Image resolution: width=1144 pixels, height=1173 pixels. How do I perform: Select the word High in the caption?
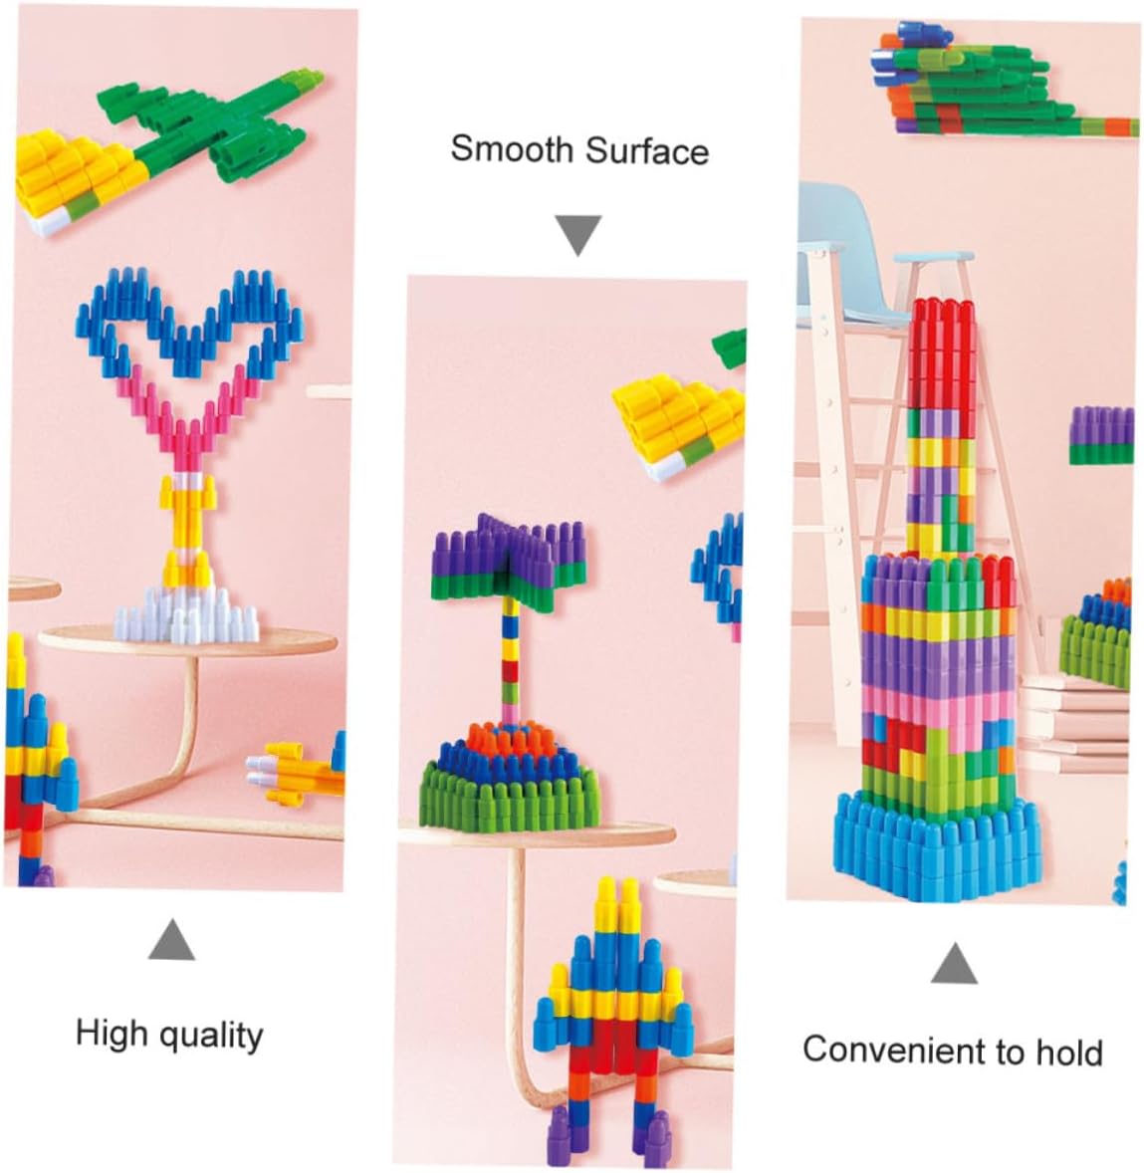point(111,1033)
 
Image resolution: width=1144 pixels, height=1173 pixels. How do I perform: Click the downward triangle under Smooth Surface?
point(577,235)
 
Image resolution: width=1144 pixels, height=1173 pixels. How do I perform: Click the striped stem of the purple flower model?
point(510,657)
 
